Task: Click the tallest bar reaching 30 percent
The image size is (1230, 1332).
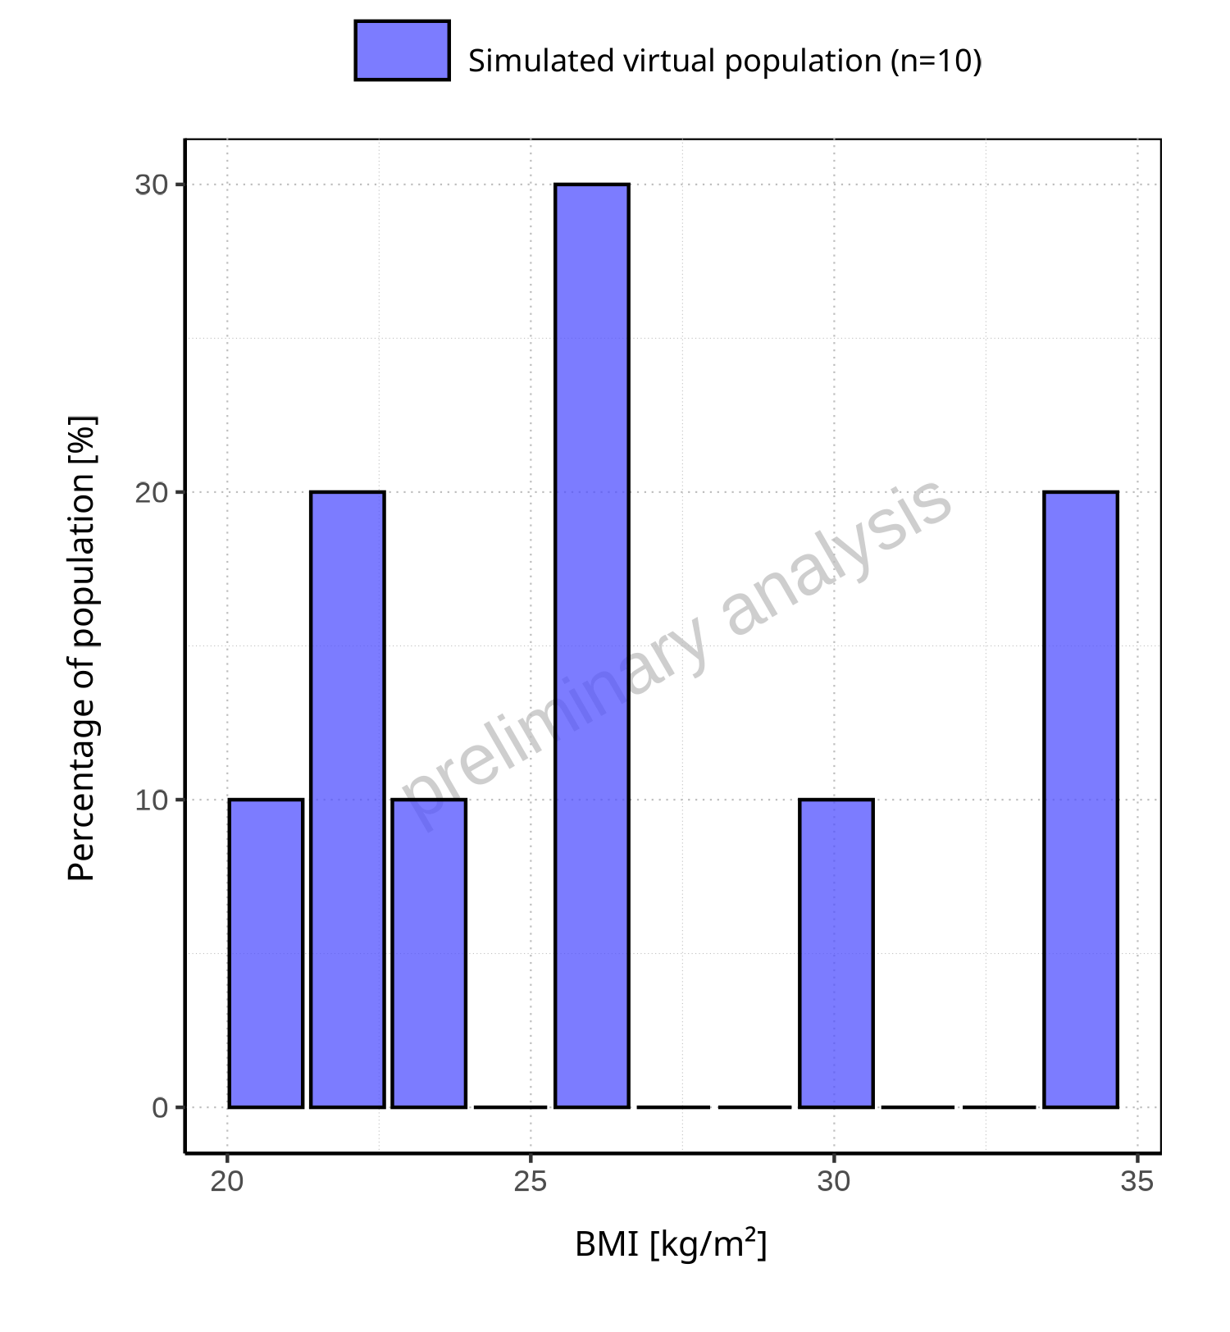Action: pyautogui.click(x=591, y=645)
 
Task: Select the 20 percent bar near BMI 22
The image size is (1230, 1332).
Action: pyautogui.click(x=347, y=799)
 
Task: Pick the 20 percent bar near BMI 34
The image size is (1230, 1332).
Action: pyautogui.click(x=1080, y=799)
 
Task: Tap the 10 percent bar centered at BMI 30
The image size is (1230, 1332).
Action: pyautogui.click(x=836, y=953)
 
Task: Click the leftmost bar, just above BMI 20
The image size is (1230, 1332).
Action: pyautogui.click(x=266, y=953)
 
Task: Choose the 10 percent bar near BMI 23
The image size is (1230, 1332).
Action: pyautogui.click(x=429, y=953)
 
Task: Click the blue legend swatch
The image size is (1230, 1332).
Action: pyautogui.click(x=402, y=51)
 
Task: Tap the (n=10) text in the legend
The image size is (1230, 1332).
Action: pyautogui.click(x=936, y=62)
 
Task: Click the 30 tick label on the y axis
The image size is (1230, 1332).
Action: pyautogui.click(x=152, y=185)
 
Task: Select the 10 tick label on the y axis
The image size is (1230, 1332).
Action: pyautogui.click(x=152, y=801)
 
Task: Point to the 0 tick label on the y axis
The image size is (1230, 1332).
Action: pyautogui.click(x=160, y=1108)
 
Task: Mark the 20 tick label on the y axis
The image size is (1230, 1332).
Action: pyautogui.click(x=152, y=493)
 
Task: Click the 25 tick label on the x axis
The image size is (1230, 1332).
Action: pyautogui.click(x=531, y=1182)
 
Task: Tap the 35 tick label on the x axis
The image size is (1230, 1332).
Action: pyautogui.click(x=1137, y=1182)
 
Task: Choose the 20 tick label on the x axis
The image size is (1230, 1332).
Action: pyautogui.click(x=227, y=1182)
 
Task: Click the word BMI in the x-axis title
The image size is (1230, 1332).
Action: pyautogui.click(x=607, y=1245)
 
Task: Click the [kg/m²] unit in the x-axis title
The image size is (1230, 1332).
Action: pyautogui.click(x=708, y=1245)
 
